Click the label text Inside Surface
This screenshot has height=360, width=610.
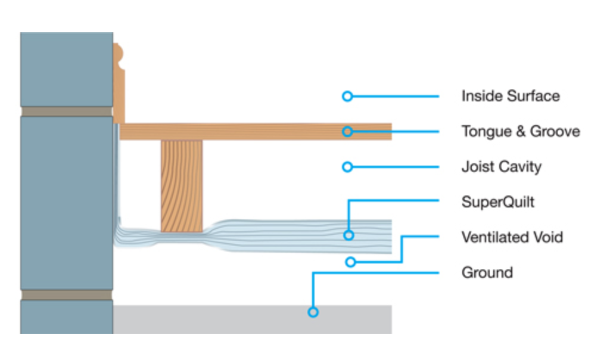click(511, 96)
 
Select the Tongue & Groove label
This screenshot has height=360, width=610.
click(521, 131)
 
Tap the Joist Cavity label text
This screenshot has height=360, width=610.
click(501, 166)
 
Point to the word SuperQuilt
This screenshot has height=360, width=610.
click(498, 202)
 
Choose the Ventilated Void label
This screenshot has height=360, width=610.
click(512, 237)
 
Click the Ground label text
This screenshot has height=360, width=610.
click(487, 273)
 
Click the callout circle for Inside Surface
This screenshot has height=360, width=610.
click(347, 96)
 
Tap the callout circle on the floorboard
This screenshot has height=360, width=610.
click(347, 131)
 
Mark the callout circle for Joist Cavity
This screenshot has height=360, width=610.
click(347, 167)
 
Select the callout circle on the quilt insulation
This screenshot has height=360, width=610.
click(349, 235)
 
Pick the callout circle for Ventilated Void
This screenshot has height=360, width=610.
click(351, 262)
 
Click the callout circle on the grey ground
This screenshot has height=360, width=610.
click(313, 312)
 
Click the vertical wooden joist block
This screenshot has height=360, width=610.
click(181, 185)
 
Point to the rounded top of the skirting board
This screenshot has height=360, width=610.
click(119, 57)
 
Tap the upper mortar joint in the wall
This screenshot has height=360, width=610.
click(66, 111)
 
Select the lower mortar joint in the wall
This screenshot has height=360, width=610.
click(66, 295)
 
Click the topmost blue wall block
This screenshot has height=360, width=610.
click(66, 69)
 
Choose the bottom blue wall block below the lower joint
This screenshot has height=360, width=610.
click(66, 316)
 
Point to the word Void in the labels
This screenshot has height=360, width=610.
click(549, 237)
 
